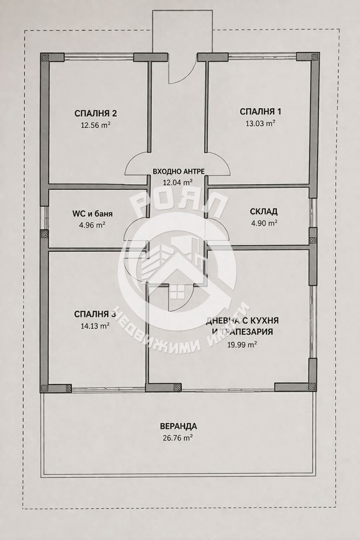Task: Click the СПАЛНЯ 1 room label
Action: pyautogui.click(x=260, y=112)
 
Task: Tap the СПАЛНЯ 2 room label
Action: pyautogui.click(x=96, y=113)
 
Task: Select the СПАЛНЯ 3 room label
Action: pyautogui.click(x=96, y=314)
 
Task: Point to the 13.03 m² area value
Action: pyautogui.click(x=260, y=123)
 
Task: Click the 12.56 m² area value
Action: pyautogui.click(x=96, y=125)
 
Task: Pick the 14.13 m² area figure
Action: pyautogui.click(x=96, y=326)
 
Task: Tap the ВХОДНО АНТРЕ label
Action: pyautogui.click(x=179, y=171)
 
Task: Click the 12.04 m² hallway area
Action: pyautogui.click(x=178, y=183)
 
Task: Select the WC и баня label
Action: pyautogui.click(x=92, y=214)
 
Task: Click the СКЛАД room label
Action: pyautogui.click(x=263, y=212)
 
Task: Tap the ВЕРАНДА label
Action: pyautogui.click(x=178, y=427)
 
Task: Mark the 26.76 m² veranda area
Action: pyautogui.click(x=178, y=438)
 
